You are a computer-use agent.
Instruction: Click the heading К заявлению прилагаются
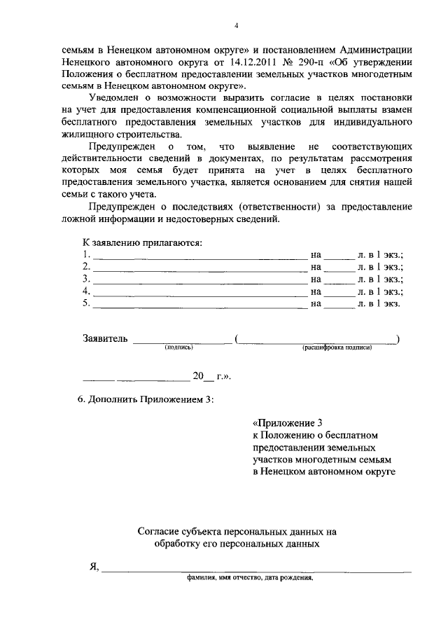tap(142, 242)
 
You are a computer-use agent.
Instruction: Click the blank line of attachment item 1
tap(199, 256)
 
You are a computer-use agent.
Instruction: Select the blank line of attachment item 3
tap(199, 280)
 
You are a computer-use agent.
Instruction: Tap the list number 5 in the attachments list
tap(86, 304)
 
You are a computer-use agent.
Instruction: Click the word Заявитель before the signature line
tap(105, 339)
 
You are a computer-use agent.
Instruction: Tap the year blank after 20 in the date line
tap(209, 378)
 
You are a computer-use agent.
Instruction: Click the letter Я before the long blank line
tap(92, 567)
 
